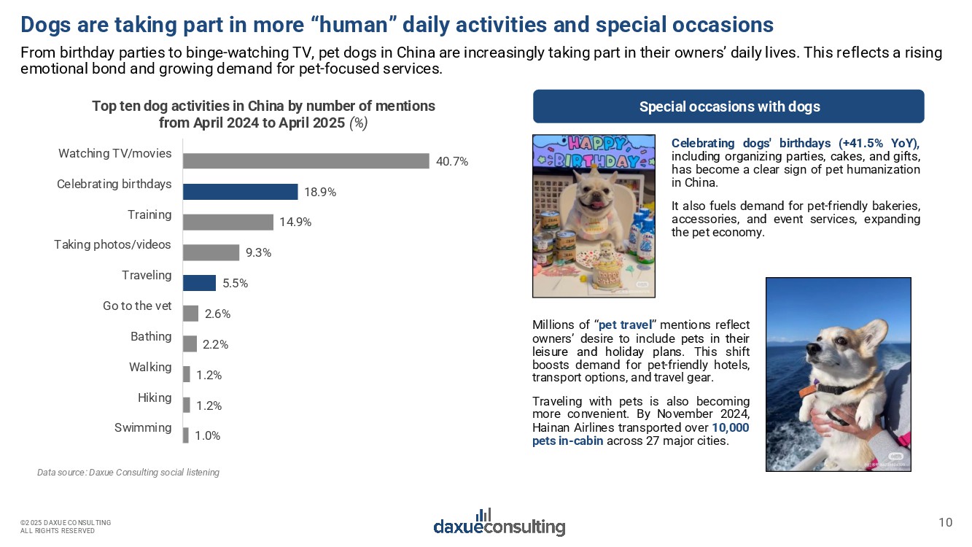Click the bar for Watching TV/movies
coord(306,161)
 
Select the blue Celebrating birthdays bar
coord(240,192)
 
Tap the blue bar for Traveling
coord(199,283)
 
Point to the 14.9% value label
coord(295,222)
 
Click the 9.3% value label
coord(258,253)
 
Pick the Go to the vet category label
coord(137,306)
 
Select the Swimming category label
coord(143,428)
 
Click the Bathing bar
coord(190,344)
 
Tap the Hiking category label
coord(155,397)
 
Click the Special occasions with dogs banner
coord(728,106)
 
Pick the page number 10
coord(945,521)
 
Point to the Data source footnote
coord(128,473)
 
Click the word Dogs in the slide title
coord(47,26)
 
